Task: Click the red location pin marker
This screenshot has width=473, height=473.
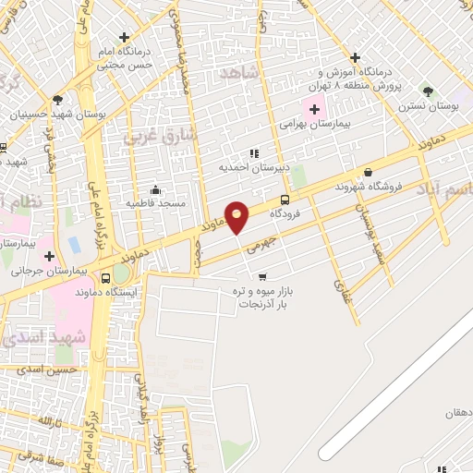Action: pyautogui.click(x=237, y=217)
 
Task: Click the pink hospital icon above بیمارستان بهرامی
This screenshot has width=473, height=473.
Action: pyautogui.click(x=316, y=109)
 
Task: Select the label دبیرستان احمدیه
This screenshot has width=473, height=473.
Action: pyautogui.click(x=249, y=167)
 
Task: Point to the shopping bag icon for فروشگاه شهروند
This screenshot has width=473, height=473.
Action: pyautogui.click(x=369, y=172)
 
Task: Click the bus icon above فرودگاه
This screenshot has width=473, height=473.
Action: pyautogui.click(x=284, y=200)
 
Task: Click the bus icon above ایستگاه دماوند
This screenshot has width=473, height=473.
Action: pyautogui.click(x=105, y=277)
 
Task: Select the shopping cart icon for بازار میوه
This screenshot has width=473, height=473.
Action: pyautogui.click(x=261, y=276)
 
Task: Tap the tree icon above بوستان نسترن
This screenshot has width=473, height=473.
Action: pyautogui.click(x=427, y=91)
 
